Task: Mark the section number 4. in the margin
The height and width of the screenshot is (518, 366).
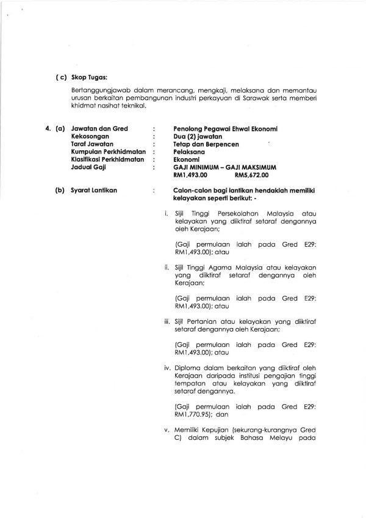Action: pyautogui.click(x=48, y=129)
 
